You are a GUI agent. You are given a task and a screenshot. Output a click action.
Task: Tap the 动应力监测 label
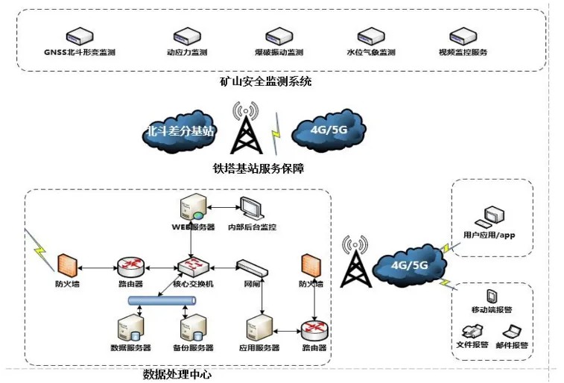(186, 53)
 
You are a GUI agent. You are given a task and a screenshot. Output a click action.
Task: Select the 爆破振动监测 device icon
(277, 35)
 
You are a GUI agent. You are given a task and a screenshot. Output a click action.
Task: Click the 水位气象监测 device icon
(368, 35)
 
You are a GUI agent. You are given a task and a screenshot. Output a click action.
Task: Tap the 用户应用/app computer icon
(491, 217)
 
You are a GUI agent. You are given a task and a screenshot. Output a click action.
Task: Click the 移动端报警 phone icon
(492, 296)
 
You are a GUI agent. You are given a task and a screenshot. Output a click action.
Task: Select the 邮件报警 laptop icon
(512, 331)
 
